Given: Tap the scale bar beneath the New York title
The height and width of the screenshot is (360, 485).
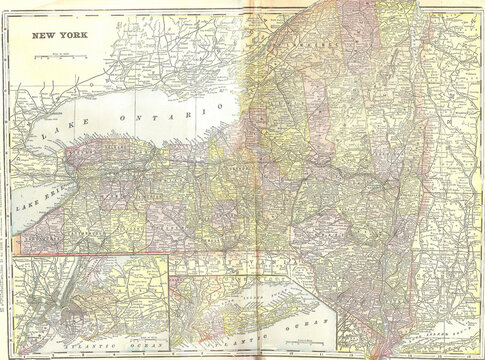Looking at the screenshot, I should [x=59, y=57].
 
